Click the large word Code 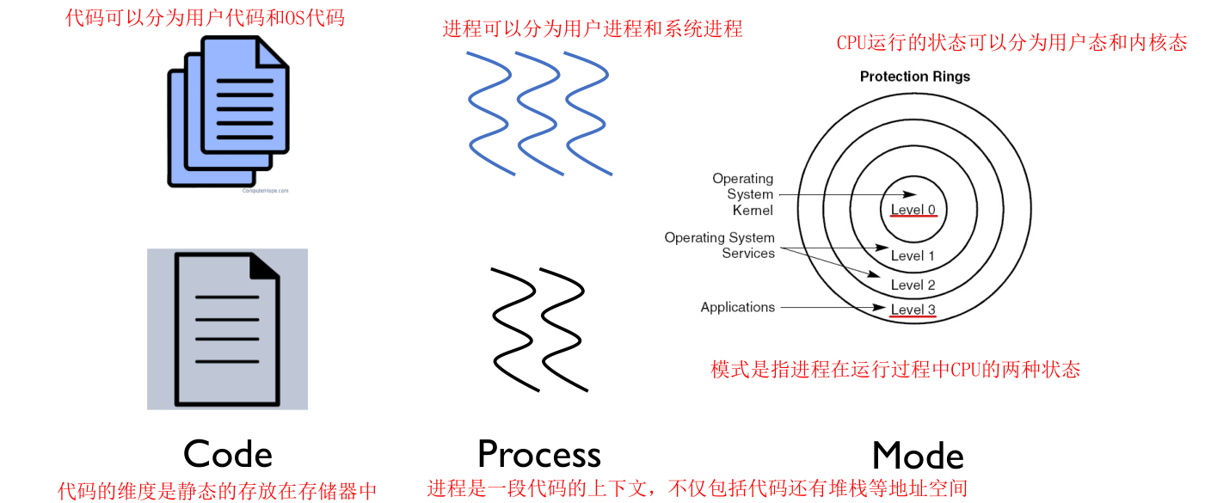pos(228,454)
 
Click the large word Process pos(538,454)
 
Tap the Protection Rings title pos(914,77)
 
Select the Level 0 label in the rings pos(913,210)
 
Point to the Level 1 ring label pos(913,255)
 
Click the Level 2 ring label pos(913,285)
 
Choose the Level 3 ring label pos(913,310)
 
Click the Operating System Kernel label pos(742,194)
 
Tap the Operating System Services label pos(719,245)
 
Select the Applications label pos(737,307)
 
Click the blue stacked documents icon pos(228,112)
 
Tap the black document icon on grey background pos(227,328)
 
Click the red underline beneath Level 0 pos(913,218)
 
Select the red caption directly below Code pos(218,491)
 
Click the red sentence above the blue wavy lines pos(592,28)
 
